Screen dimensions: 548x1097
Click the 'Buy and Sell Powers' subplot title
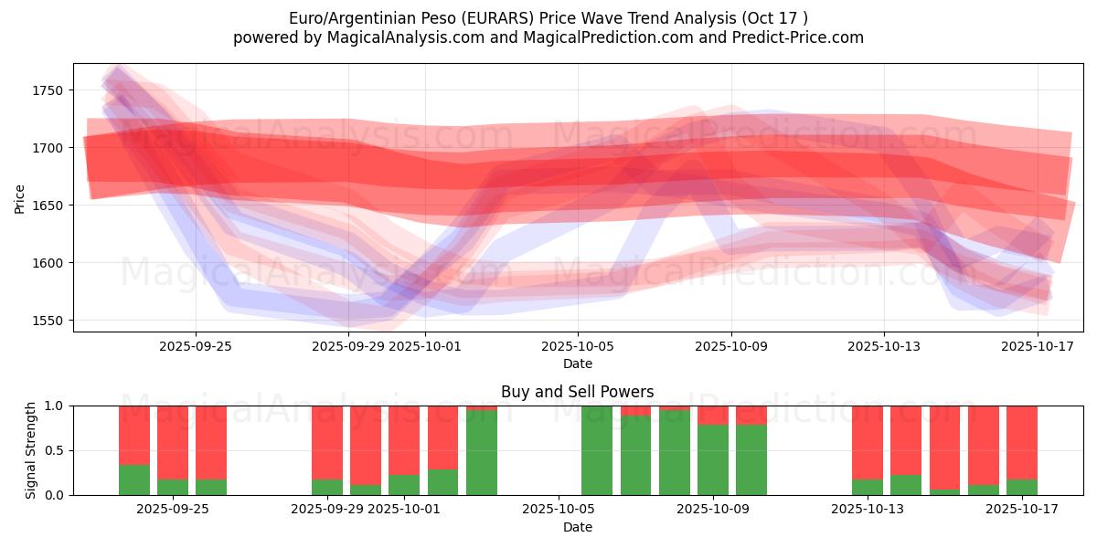tap(577, 392)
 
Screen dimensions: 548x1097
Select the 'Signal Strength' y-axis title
tap(31, 450)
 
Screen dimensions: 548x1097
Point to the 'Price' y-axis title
tap(20, 198)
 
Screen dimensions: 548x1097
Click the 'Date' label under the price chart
tap(577, 364)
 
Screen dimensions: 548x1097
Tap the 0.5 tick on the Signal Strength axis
tap(54, 450)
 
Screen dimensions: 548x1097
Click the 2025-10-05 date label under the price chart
tap(577, 346)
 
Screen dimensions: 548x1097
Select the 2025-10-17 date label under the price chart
tap(1038, 346)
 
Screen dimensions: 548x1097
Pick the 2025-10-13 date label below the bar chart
tap(868, 510)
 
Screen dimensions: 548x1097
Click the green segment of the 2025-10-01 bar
tap(404, 485)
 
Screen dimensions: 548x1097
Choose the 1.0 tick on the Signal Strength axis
tap(54, 406)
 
